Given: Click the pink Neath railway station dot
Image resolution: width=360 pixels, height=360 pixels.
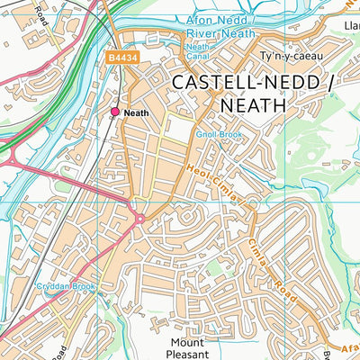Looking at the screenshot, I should coord(115,112).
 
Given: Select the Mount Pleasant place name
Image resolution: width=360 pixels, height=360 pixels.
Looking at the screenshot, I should coord(193,349).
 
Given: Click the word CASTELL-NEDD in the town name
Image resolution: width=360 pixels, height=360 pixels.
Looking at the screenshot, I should coord(229,82).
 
